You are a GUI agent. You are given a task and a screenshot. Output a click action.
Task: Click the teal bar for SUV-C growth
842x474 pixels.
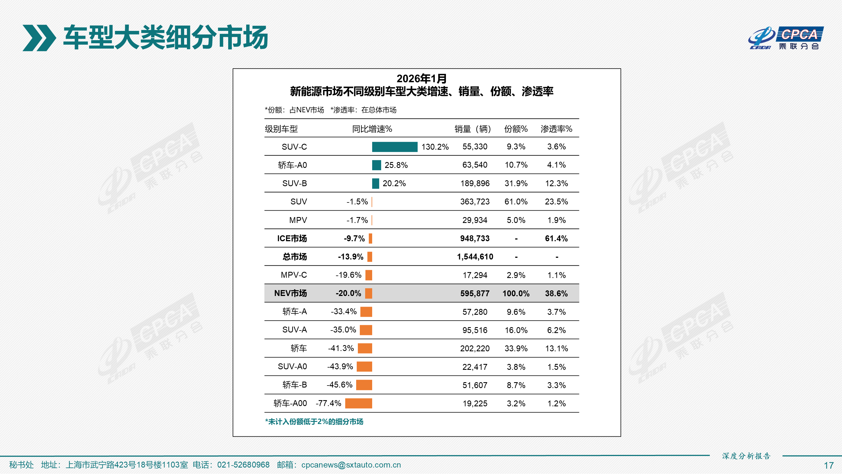point(395,147)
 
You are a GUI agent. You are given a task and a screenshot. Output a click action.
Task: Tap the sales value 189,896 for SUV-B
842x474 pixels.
point(475,184)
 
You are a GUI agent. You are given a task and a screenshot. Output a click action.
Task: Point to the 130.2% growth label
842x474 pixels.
point(435,147)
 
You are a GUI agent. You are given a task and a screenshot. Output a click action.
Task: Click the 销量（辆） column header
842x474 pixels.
point(473,129)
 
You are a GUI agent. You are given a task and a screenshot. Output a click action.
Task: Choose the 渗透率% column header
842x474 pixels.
point(556,129)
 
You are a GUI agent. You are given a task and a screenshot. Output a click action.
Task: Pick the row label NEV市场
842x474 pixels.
point(290,293)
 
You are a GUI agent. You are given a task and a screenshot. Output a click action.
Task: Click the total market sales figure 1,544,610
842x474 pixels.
point(475,257)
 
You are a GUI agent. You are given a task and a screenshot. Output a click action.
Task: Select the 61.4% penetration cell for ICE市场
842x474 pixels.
point(556,238)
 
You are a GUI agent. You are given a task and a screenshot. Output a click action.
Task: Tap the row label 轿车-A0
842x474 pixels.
point(292,165)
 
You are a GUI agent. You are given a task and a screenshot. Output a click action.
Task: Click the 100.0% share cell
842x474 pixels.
point(516,293)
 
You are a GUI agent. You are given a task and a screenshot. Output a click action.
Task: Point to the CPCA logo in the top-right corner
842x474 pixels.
point(786,38)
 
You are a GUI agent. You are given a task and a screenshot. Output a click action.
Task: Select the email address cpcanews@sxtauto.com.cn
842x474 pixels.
point(351,465)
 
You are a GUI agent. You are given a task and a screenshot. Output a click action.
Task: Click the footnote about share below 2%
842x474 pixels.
point(314,422)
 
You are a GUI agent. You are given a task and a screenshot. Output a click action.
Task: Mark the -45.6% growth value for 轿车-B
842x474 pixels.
point(339,385)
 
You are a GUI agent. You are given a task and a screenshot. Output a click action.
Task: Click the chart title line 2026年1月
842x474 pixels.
point(421,79)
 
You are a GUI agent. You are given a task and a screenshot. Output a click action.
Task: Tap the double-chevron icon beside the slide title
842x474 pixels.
point(39,38)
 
